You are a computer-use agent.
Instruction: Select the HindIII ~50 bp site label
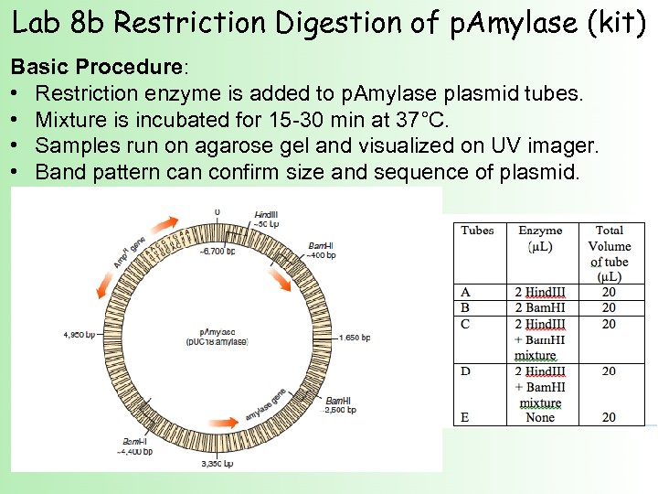[266, 218]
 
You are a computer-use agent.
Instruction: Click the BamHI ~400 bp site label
[321, 250]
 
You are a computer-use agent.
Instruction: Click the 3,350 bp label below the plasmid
[217, 464]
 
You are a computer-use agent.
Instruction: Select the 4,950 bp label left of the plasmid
[79, 334]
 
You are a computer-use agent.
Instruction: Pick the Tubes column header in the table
[478, 231]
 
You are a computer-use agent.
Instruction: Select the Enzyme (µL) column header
[539, 238]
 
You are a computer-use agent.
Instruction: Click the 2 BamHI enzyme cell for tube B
[539, 308]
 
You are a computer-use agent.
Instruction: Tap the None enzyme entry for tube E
[540, 417]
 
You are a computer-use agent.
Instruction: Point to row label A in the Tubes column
[465, 292]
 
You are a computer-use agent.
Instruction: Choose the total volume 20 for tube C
[609, 324]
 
